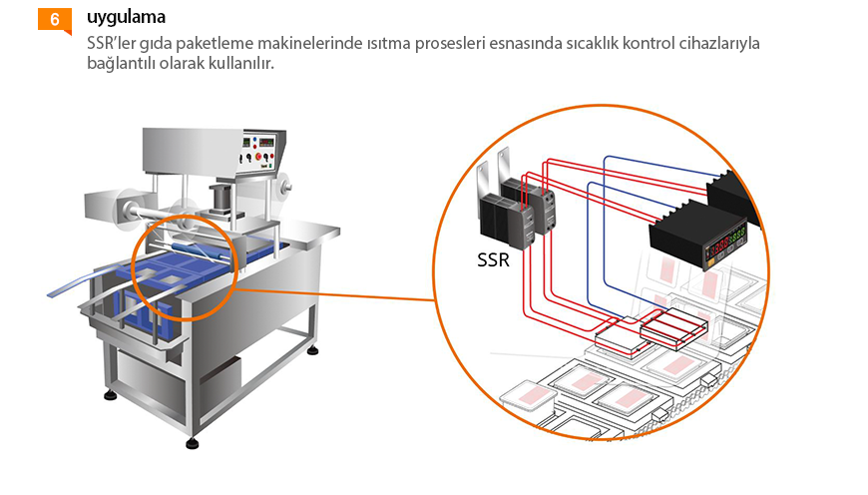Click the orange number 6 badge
tap(54, 19)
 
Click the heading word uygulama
tap(126, 18)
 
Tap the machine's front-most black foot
tap(193, 443)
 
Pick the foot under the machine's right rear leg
tap(313, 350)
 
